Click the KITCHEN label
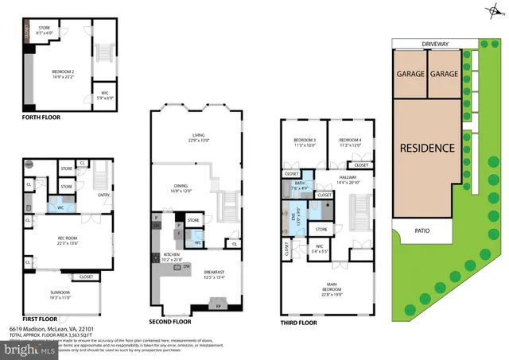(173, 256)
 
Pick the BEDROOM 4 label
(349, 141)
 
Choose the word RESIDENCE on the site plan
(427, 148)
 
